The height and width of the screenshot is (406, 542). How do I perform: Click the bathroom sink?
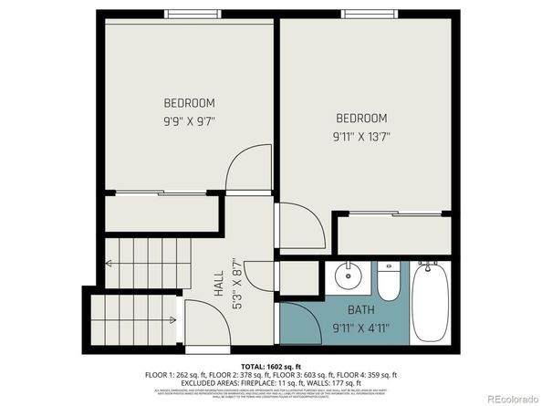click(347, 276)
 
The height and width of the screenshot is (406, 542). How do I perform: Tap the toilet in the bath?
click(389, 281)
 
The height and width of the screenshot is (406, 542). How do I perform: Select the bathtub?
click(430, 301)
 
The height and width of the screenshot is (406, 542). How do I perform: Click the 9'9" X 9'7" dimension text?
click(189, 120)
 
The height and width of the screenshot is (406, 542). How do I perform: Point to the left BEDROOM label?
click(189, 102)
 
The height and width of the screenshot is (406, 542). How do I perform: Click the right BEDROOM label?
click(361, 119)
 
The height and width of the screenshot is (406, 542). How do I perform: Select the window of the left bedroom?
click(193, 15)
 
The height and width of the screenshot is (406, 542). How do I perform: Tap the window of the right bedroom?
click(369, 15)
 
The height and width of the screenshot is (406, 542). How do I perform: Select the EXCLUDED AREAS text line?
click(271, 382)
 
